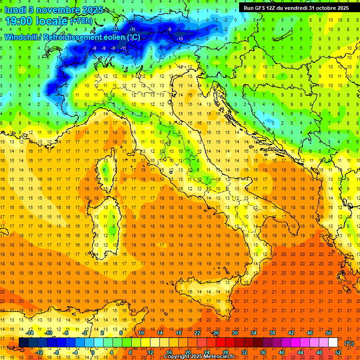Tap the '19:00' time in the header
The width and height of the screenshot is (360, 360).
pos(19,21)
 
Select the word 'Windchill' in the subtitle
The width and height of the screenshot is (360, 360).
pos(22,37)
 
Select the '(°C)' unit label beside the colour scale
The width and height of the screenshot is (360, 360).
pos(349,343)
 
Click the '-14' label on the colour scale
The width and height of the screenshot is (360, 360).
pos(30,333)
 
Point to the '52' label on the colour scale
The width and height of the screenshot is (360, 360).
pos(338,352)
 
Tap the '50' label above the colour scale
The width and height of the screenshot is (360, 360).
pos(329,333)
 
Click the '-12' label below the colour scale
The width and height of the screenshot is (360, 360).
pos(39,352)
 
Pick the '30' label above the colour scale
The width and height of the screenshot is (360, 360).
pos(234,333)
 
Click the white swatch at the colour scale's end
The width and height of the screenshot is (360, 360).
pos(333,343)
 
